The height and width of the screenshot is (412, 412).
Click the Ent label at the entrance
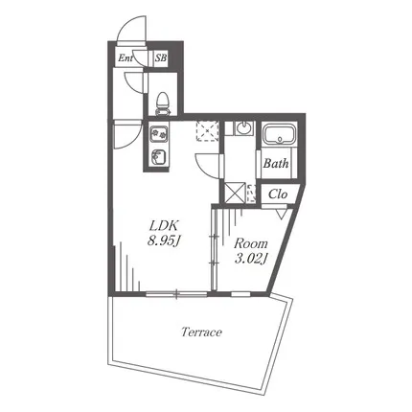pos(126,58)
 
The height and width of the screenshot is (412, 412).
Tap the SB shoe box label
pos(161,58)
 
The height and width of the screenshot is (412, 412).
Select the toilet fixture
pos(163,103)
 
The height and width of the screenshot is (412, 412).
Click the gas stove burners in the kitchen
pos(159,134)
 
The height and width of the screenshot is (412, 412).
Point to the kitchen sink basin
pos(159,157)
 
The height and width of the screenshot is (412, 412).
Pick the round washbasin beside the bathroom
pos(243,128)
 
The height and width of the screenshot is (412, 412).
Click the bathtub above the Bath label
pos(280,134)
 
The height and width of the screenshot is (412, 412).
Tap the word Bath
pos(276,164)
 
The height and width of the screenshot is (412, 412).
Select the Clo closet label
pos(278,194)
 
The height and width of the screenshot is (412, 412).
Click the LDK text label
pos(164,226)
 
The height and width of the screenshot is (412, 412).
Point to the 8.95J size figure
pos(164,241)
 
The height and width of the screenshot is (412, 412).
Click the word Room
pos(251,243)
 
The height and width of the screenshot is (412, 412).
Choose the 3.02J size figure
pos(251,259)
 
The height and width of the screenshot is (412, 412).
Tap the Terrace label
pos(201,332)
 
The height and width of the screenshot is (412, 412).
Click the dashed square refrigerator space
pos(208,131)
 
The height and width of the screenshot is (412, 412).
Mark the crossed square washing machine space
pos(235,193)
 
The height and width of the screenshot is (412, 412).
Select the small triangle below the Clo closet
pos(282,214)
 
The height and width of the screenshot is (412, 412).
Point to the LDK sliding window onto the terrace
pos(176,294)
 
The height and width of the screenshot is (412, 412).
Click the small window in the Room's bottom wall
pos(240,294)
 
